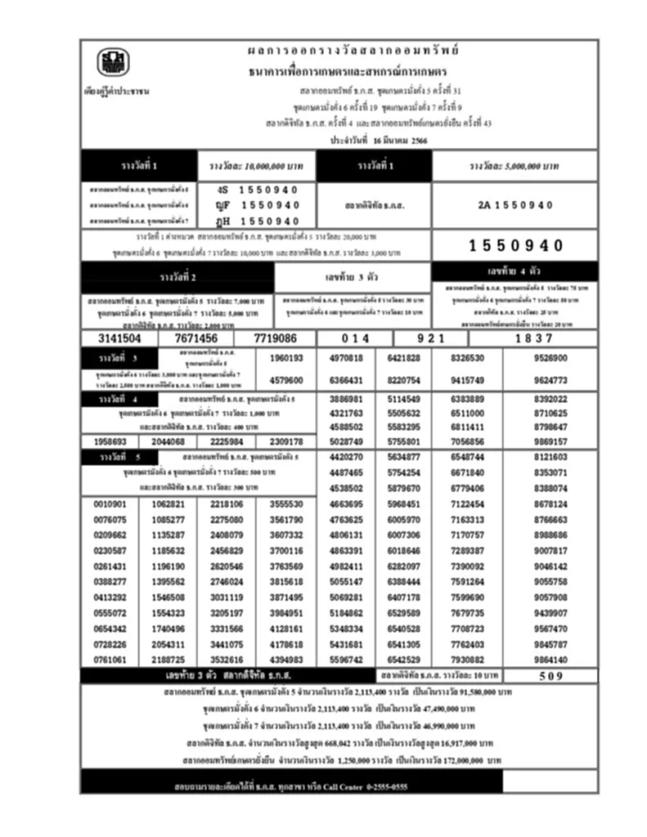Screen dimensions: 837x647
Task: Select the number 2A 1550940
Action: (515, 205)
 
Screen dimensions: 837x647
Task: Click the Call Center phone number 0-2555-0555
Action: (371, 786)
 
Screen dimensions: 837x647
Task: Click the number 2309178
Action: (286, 442)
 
